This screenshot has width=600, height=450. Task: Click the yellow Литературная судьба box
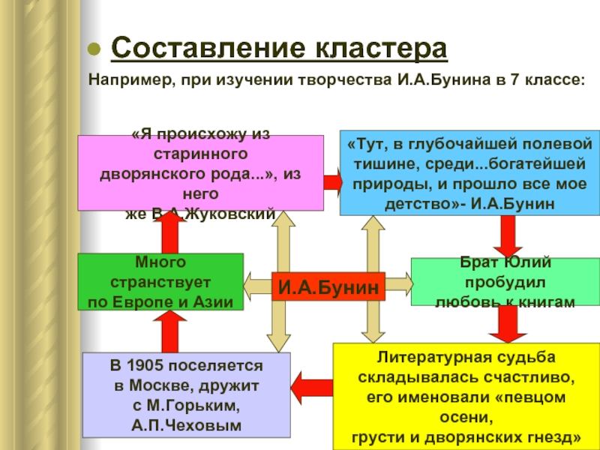pos(466,394)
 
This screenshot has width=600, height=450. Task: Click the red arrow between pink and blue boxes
pos(332,181)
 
